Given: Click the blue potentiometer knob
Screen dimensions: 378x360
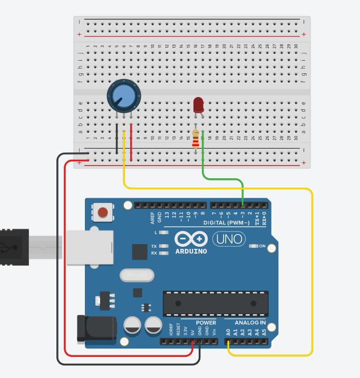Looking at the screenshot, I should coord(124,95).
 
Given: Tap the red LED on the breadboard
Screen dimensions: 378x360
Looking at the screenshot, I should coord(199,104).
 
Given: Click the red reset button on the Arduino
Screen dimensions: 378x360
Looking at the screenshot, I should coord(103,212).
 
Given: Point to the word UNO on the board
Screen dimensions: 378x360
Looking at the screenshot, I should coord(229,239).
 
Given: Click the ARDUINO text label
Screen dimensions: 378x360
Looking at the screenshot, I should coord(191,251).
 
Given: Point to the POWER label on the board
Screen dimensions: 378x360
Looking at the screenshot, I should coord(206,322).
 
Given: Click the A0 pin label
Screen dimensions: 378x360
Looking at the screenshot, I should coord(228,332).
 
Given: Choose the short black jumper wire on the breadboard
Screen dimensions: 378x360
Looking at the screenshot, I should coord(116,140).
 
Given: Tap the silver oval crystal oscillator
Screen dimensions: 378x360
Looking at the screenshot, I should coord(136,275).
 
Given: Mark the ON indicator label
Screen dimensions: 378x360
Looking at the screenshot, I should coord(262,246).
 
